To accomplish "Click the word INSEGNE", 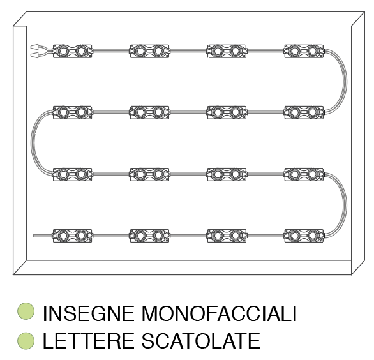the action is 88,313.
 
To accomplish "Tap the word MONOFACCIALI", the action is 219,313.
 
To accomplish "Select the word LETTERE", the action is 88,341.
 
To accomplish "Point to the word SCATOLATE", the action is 201,341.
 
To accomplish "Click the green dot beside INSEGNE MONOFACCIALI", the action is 26,311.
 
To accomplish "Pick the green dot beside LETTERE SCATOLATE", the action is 26,341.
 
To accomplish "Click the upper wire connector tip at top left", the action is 34,47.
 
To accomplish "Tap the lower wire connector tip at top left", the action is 34,56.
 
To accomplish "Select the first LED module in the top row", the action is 72,51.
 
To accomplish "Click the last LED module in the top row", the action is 304,51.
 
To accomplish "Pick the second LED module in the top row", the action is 149,51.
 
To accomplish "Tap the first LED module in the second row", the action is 72,112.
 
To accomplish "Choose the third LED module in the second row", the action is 227,112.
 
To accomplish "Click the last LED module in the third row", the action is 304,174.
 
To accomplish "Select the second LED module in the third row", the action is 149,174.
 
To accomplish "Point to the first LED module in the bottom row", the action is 72,236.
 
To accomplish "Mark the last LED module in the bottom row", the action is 304,236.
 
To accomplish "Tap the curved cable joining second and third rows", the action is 32,143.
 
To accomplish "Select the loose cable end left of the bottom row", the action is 43,236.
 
